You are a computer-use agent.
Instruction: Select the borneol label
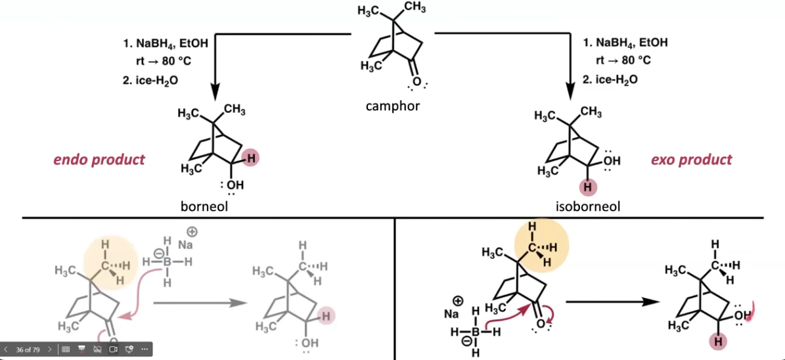coord(204,206)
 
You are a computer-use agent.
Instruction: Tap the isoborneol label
coord(588,206)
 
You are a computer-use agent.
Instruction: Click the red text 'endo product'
coord(100,160)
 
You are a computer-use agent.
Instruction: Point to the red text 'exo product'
coord(691,160)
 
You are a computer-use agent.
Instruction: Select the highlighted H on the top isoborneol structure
coord(588,189)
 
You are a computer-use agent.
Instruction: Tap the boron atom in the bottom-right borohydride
coord(476,331)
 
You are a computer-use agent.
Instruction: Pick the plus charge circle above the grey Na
coord(192,232)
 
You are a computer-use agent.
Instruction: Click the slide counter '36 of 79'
coord(28,349)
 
